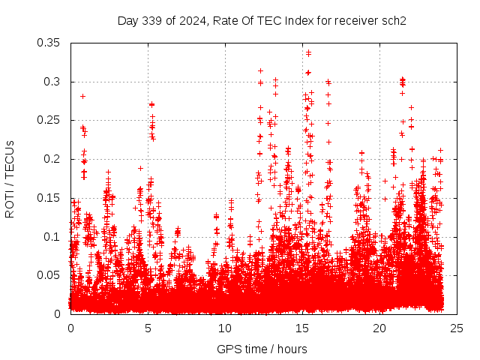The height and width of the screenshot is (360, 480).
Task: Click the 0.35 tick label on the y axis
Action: pos(49,43)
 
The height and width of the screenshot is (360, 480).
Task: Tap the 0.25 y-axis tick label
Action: pos(49,120)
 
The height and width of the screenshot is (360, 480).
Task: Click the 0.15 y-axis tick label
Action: pos(49,198)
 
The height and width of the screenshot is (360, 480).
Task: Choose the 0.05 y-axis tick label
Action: pos(49,275)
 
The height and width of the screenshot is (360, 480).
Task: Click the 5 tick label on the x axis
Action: pos(148,328)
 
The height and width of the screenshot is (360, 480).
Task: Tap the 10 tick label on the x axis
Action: pos(225,328)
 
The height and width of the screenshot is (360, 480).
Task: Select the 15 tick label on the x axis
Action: pos(302,328)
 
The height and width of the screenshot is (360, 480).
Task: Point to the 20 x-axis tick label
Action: pos(379,328)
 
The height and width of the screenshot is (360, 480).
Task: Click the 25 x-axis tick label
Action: pos(457,328)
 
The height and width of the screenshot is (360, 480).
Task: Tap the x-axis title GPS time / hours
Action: pos(262,349)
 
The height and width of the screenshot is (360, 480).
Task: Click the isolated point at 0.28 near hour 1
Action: pos(82,96)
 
